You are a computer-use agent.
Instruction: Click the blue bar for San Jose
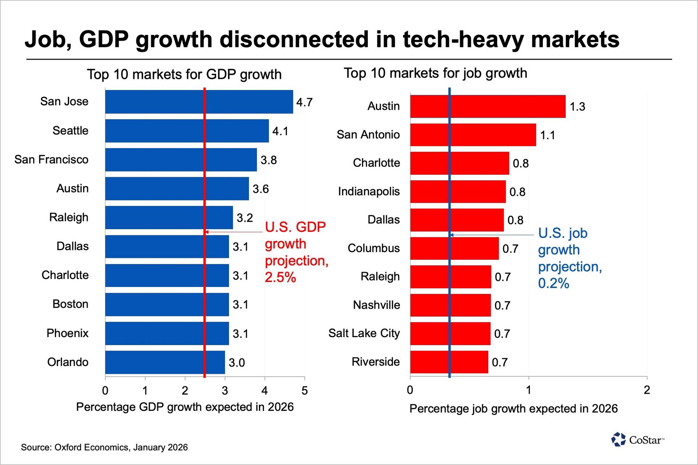coord(199,102)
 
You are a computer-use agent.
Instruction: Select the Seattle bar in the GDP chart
coord(187,131)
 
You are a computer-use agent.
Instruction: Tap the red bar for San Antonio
coord(473,135)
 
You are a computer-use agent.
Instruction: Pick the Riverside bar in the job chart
coord(449,362)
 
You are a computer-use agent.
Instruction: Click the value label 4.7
coord(304,102)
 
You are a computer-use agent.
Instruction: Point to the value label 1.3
coord(577,107)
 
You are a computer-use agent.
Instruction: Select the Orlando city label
coord(68,362)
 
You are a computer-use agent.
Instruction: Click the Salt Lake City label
coord(364,333)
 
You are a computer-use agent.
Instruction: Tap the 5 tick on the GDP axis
coord(304,391)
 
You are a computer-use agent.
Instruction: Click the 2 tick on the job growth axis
coord(647,390)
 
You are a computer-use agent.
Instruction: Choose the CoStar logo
coord(638,440)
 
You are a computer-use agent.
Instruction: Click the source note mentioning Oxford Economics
coord(104,447)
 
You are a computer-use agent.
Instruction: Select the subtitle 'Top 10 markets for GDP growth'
coord(184,74)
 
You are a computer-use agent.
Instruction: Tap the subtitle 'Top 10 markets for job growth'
coord(435,73)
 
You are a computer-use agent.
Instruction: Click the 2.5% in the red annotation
coord(280,278)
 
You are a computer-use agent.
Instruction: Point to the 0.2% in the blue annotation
coord(553,283)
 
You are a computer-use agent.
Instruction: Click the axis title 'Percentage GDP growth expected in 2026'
coord(185,407)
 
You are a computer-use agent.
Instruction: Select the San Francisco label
coord(51,159)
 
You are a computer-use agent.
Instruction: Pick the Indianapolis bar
coord(458,191)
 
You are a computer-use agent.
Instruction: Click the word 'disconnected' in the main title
coord(295,39)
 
